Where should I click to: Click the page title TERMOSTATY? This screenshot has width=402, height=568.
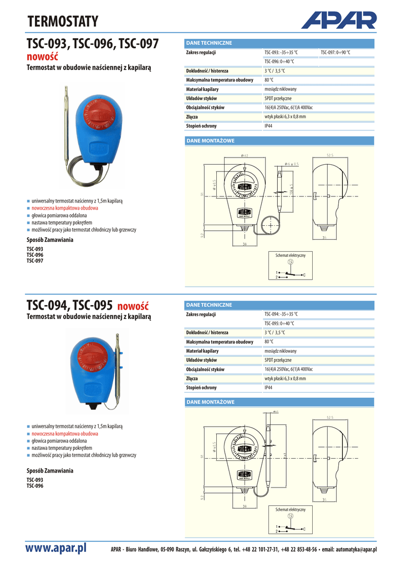point(63,22)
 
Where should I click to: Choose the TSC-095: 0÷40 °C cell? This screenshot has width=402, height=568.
point(279,323)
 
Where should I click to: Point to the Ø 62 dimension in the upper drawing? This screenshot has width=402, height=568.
point(245,155)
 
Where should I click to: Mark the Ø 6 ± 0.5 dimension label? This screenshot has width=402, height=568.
point(291,164)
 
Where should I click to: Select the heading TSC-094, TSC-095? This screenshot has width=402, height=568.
point(70,306)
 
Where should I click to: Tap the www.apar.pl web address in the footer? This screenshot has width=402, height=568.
point(57,548)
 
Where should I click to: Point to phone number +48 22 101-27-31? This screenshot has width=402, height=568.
point(260,549)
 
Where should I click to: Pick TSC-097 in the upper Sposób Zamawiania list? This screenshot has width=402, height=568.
point(35,260)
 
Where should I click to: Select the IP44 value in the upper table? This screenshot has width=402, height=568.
point(268,126)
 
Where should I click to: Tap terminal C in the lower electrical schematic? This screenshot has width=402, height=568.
point(304,529)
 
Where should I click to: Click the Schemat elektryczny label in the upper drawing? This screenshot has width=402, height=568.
point(291,255)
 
